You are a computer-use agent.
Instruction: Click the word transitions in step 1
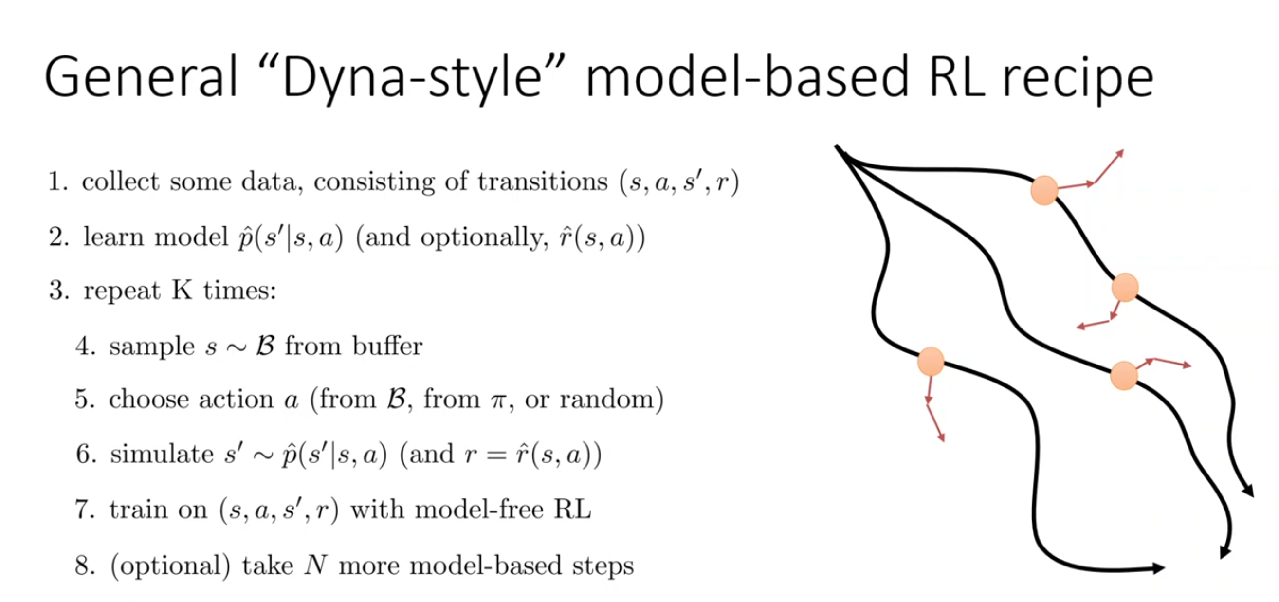[x=543, y=181]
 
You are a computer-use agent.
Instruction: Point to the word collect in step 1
[x=121, y=181]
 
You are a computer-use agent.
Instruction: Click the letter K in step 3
[x=182, y=290]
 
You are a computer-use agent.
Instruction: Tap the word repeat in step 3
[x=122, y=291]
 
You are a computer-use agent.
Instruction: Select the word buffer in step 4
[x=387, y=346]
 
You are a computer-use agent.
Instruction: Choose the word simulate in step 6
[x=162, y=454]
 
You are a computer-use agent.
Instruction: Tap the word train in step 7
[x=139, y=510]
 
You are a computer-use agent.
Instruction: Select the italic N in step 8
[x=316, y=565]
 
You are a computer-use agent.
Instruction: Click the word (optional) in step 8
[x=170, y=566]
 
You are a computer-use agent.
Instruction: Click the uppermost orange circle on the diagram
[x=1044, y=190]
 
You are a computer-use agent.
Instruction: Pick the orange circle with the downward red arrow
[x=931, y=361]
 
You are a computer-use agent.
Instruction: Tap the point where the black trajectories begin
[x=837, y=146]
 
